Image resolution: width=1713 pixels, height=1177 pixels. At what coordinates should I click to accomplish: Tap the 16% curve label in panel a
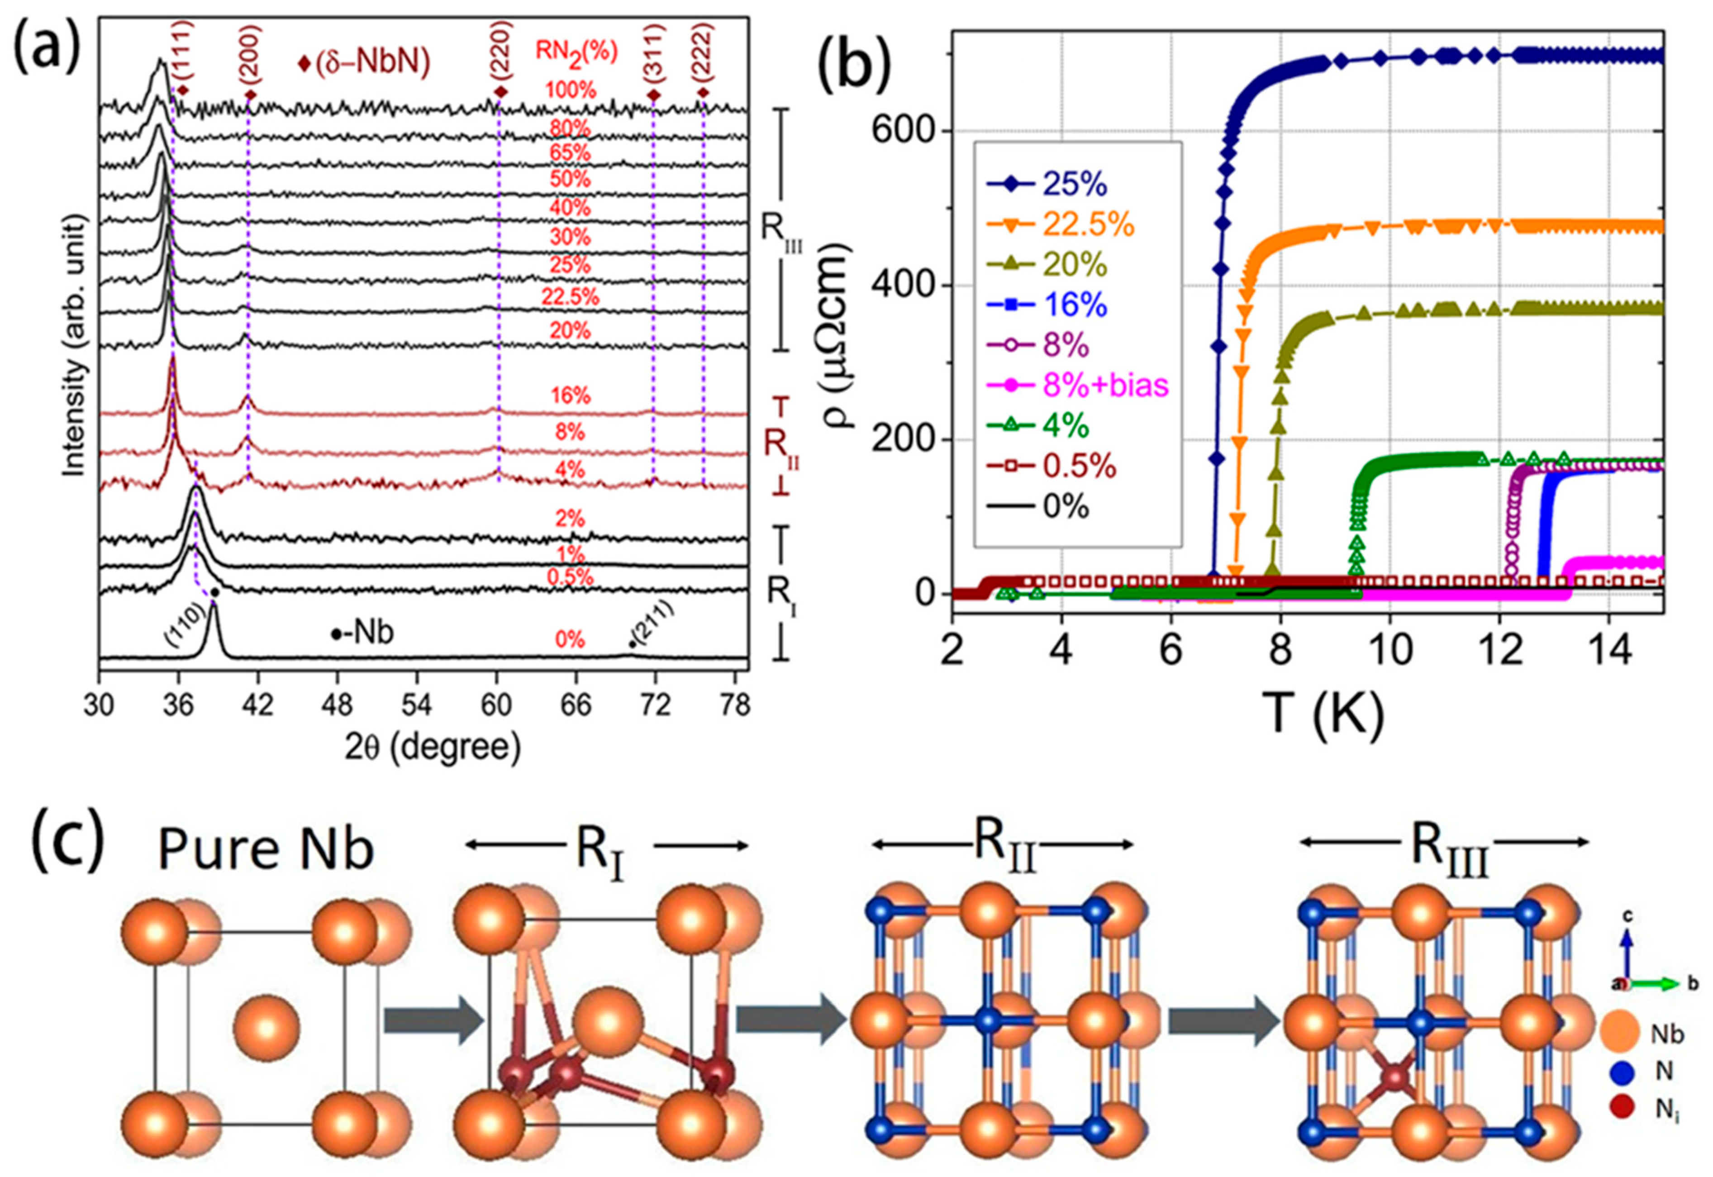pos(570,396)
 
